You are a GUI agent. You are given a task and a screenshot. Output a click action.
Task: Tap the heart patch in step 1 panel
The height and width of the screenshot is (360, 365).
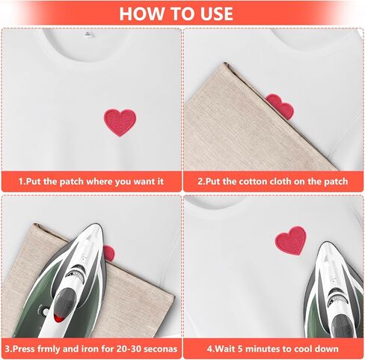tap(120, 122)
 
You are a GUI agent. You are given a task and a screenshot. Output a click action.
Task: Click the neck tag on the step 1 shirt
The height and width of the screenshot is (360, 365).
tap(88, 34)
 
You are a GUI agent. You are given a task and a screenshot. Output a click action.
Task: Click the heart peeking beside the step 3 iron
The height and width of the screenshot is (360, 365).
tap(109, 253)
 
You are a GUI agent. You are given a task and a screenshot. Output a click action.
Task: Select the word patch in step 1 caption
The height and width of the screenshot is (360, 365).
tap(73, 181)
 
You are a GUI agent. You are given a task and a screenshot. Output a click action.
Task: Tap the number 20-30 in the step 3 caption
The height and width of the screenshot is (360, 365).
tap(125, 349)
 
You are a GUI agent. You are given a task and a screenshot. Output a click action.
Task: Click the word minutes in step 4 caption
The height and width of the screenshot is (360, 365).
tap(263, 349)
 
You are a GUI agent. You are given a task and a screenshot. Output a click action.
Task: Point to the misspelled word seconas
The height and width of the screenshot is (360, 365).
tap(161, 349)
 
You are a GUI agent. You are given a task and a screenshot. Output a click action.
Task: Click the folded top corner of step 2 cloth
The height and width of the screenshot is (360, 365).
tap(225, 64)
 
